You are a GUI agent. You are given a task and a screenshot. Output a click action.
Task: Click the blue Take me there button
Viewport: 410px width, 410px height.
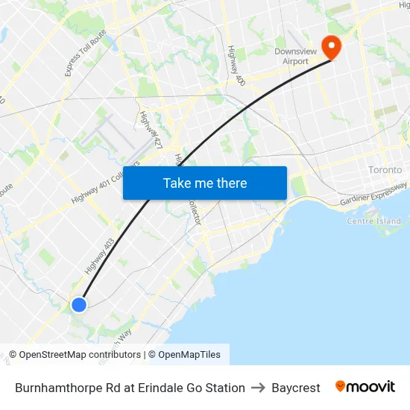(205, 183)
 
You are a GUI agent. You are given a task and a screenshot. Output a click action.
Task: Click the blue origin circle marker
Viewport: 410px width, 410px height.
(78, 304)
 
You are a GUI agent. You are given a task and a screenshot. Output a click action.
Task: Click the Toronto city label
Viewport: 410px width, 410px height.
(385, 170)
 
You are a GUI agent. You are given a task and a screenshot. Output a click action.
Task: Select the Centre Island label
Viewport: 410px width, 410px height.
(373, 221)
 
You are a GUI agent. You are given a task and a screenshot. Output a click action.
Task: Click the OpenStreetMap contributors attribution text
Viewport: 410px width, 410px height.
(75, 355)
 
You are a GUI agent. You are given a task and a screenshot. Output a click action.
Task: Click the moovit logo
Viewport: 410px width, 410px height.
(365, 387)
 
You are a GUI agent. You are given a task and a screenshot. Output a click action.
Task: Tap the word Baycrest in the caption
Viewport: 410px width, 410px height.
(296, 388)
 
